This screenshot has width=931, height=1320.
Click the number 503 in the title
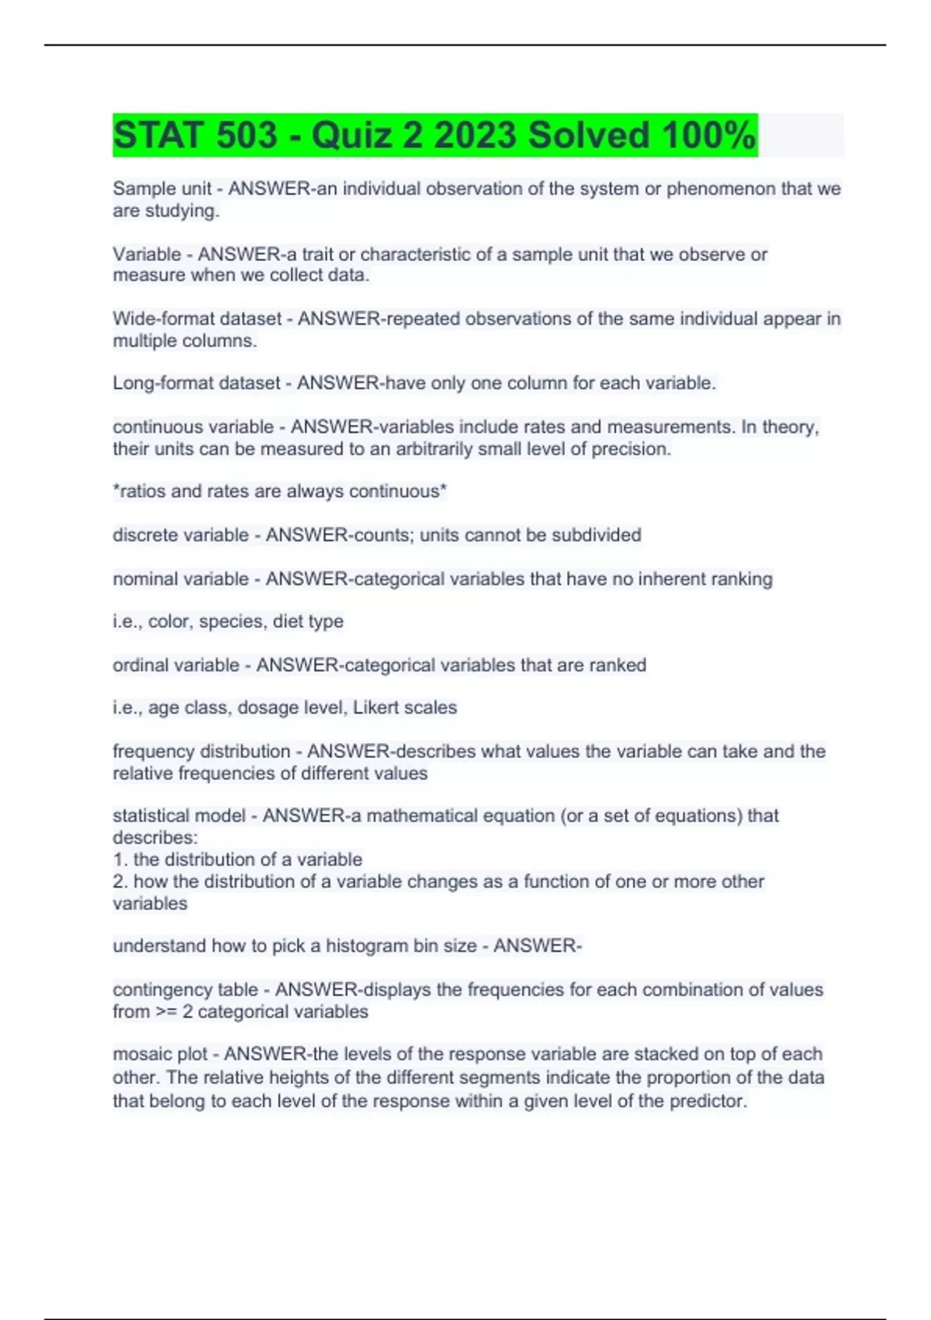coord(247,136)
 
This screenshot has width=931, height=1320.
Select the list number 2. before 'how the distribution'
coord(120,882)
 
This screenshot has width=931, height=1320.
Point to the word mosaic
coord(141,1054)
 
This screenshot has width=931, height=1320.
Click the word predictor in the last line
coord(711,1102)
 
